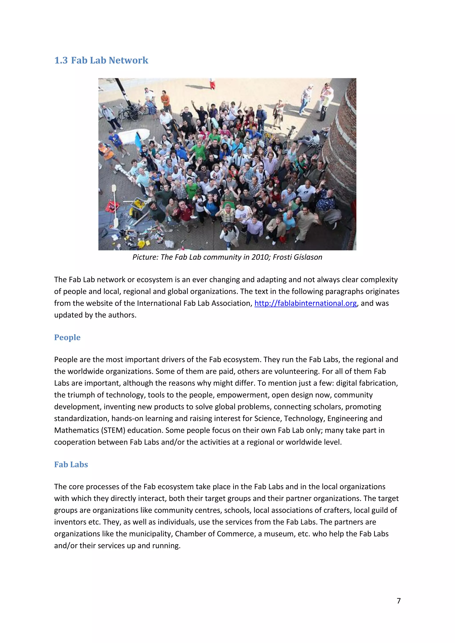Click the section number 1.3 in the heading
[x=61, y=60]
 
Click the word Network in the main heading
[x=128, y=60]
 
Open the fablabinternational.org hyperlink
[x=305, y=303]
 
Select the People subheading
[x=67, y=337]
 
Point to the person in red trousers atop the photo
[x=212, y=84]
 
